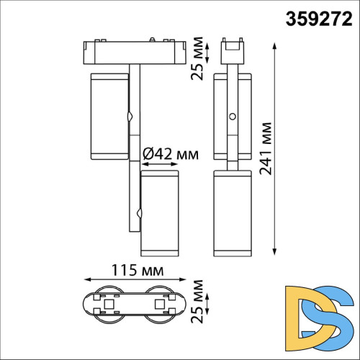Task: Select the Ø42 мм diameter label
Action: (170, 153)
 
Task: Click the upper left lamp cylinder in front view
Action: (107, 115)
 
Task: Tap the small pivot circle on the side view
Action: (232, 117)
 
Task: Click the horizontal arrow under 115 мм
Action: (134, 280)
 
